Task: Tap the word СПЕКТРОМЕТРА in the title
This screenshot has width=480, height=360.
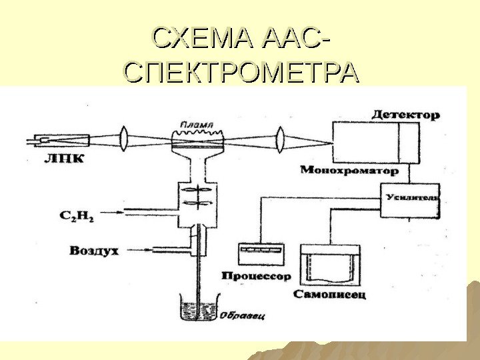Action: tap(241, 71)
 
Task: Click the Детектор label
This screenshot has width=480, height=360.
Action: tap(405, 115)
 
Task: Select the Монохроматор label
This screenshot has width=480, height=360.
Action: tap(349, 171)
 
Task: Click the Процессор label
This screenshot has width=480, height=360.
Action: tap(257, 275)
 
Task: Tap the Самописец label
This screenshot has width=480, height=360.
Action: tap(329, 294)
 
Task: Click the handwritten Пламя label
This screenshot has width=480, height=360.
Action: tap(199, 124)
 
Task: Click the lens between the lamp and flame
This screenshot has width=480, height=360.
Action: tap(124, 140)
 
